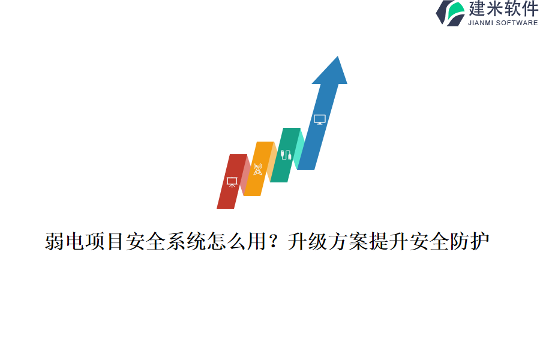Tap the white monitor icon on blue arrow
320,119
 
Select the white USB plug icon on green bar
286,155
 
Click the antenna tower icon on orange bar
257,169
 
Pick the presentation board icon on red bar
232,182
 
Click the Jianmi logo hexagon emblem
450,13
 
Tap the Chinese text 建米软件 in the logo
503,10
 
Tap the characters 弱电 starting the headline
65,242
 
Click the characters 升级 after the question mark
307,242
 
